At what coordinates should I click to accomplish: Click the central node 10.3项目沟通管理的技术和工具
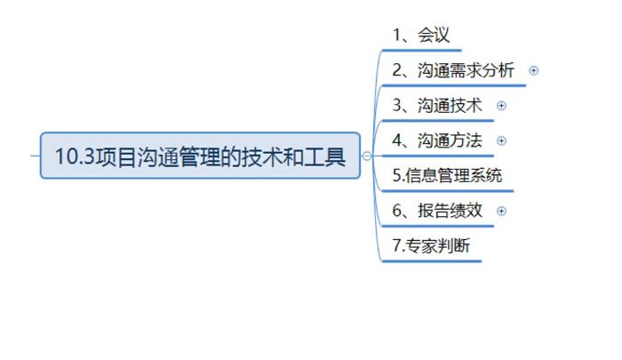pos(200,156)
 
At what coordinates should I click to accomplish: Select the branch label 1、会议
pos(421,36)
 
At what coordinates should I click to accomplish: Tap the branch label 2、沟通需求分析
pos(453,70)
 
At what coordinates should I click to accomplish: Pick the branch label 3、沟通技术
pos(437,106)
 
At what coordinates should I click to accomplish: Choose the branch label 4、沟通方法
pos(437,140)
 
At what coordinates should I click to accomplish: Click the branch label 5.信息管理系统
pos(447,175)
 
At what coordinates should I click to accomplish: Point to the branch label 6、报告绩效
pos(437,211)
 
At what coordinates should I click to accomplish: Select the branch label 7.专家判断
pos(431,246)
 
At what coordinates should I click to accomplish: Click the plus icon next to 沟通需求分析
pos(534,70)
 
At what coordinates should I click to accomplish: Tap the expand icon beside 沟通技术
pos(501,106)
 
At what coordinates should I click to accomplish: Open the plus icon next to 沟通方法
pos(501,140)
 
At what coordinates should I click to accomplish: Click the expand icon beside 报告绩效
pos(501,211)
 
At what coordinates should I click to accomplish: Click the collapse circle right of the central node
pos(367,156)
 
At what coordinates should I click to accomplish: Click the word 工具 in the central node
pos(326,156)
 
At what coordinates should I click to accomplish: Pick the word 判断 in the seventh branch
pos(454,246)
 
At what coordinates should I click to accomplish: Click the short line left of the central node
pos(35,156)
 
